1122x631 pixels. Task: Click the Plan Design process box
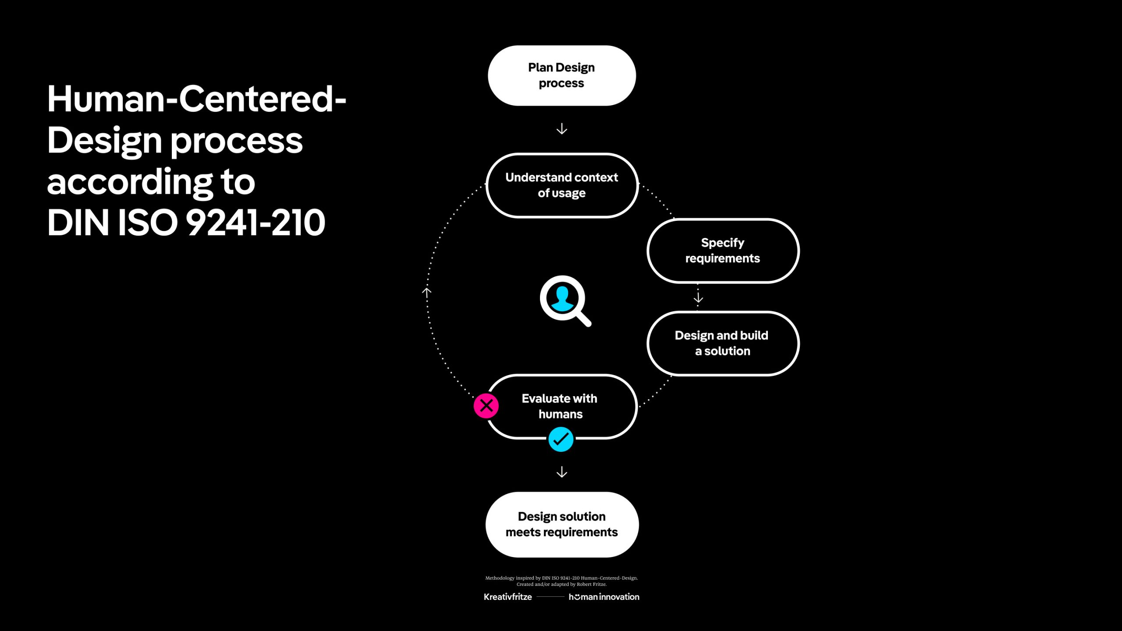coord(561,75)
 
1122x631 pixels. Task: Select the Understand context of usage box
coord(561,185)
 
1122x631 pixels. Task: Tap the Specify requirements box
coord(723,251)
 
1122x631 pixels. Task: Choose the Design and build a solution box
coord(723,343)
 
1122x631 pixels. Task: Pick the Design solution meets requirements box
coord(561,524)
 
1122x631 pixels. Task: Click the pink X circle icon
coord(486,406)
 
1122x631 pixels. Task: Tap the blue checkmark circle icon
coord(561,440)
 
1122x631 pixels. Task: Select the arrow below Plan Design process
coord(561,129)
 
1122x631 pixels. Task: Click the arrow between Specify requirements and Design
coord(698,298)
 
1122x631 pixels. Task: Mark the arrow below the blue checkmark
coord(561,472)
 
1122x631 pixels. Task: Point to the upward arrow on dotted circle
coord(426,292)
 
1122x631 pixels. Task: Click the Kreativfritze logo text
coord(508,597)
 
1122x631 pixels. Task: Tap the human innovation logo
coord(604,597)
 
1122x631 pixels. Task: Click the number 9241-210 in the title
coord(256,223)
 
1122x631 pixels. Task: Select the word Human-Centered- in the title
coord(196,99)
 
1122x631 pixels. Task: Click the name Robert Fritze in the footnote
coord(591,584)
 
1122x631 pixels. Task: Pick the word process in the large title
coord(236,141)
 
